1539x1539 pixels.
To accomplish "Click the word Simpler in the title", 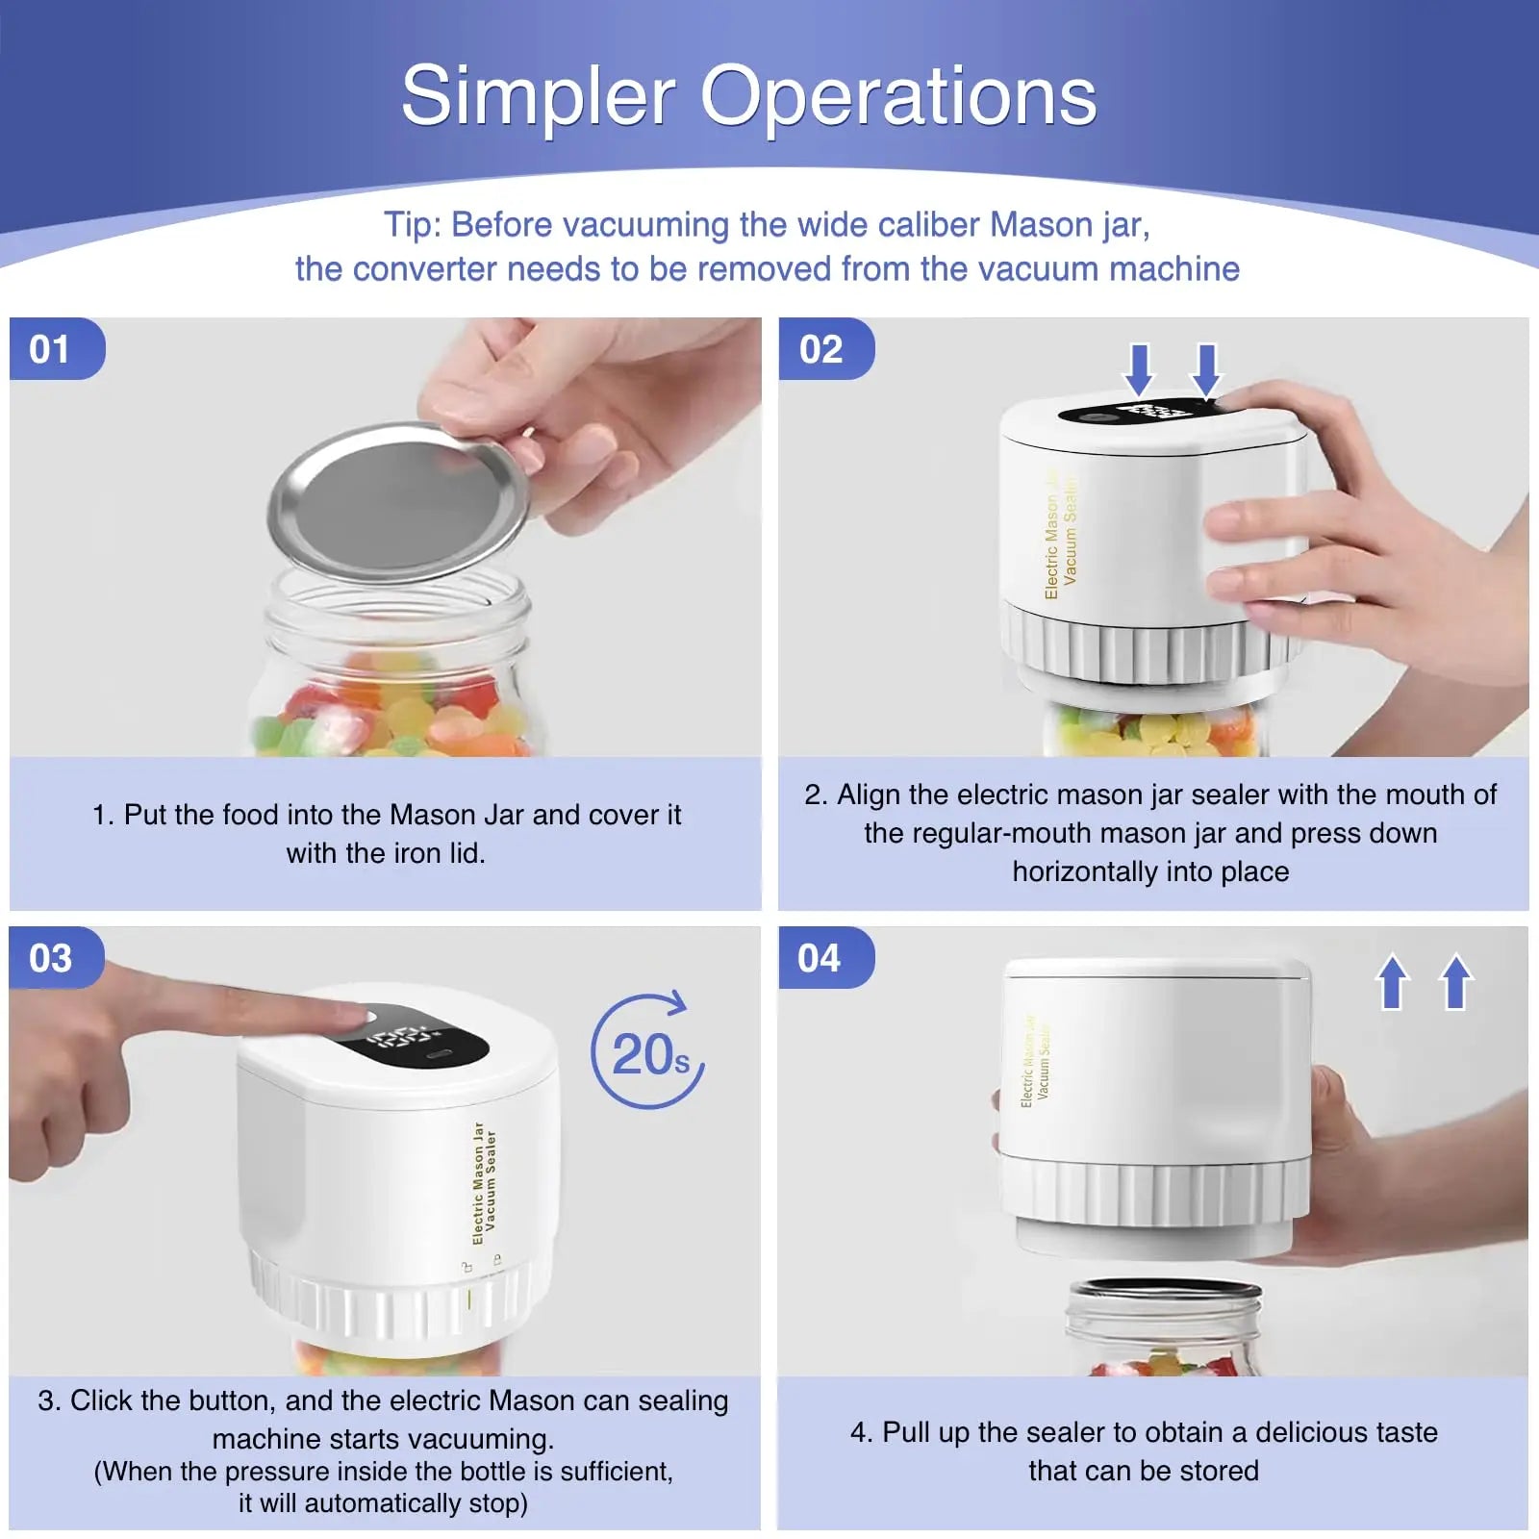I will click(538, 96).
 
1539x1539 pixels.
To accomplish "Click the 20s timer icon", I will click(647, 1053).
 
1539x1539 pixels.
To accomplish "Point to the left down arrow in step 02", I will click(1139, 369).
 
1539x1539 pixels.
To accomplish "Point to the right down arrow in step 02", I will click(1205, 369).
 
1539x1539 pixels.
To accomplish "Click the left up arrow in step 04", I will click(1392, 981).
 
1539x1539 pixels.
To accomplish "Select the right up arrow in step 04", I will click(1455, 981).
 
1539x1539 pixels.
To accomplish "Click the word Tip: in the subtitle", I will click(413, 225).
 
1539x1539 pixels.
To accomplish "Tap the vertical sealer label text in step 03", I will click(484, 1183).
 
